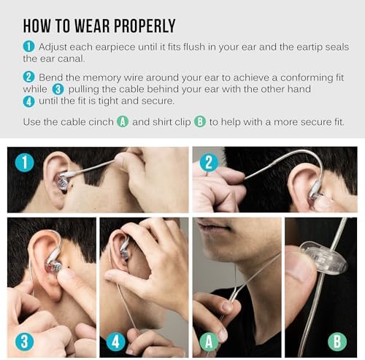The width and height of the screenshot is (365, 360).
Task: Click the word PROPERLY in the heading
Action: click(139, 26)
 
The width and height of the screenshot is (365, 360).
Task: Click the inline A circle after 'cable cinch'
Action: click(123, 121)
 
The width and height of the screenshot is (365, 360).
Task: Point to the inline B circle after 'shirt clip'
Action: click(199, 121)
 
